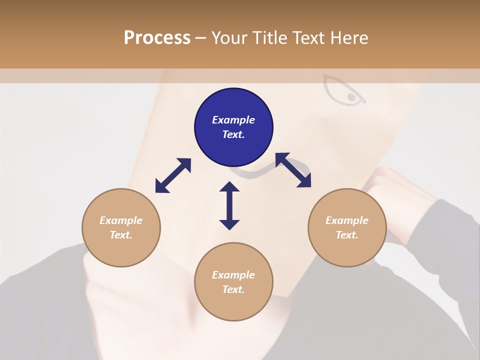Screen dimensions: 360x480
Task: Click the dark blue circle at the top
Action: [233, 127]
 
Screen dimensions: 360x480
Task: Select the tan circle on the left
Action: [121, 227]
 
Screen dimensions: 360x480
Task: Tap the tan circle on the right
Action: [347, 227]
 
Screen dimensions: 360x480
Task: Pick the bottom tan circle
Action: [233, 282]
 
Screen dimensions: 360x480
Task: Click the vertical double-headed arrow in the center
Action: [229, 205]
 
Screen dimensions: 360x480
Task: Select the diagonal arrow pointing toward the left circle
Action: [173, 175]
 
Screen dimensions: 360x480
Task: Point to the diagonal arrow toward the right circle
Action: [293, 170]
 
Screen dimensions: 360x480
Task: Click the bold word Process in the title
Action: [157, 38]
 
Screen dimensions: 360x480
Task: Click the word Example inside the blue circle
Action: [233, 120]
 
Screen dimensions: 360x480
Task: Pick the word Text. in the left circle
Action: [121, 235]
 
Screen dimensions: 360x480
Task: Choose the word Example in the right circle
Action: [347, 220]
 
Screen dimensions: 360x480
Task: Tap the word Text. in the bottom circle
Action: [233, 289]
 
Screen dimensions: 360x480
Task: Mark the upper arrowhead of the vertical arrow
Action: [229, 187]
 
